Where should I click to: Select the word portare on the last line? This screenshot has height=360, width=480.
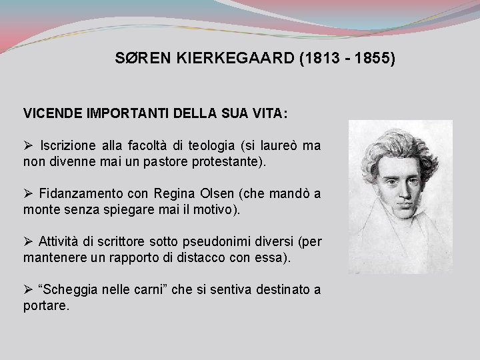tap(45, 306)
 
